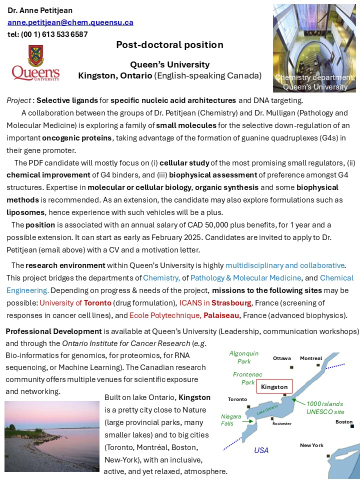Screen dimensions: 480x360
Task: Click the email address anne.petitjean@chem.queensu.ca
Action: (70, 22)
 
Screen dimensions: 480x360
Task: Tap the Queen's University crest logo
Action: (35, 62)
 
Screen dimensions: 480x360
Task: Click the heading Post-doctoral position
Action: (169, 45)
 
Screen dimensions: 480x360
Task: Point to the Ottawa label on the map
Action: (282, 358)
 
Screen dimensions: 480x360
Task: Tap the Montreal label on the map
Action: (311, 358)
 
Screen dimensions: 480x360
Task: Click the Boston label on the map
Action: (343, 421)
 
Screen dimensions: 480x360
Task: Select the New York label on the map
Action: (311, 445)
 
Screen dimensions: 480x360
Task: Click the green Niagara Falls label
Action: (230, 420)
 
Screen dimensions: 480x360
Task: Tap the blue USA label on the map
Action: (261, 450)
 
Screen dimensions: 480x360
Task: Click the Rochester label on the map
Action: (281, 423)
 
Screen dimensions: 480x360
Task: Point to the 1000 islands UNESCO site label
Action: (325, 407)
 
